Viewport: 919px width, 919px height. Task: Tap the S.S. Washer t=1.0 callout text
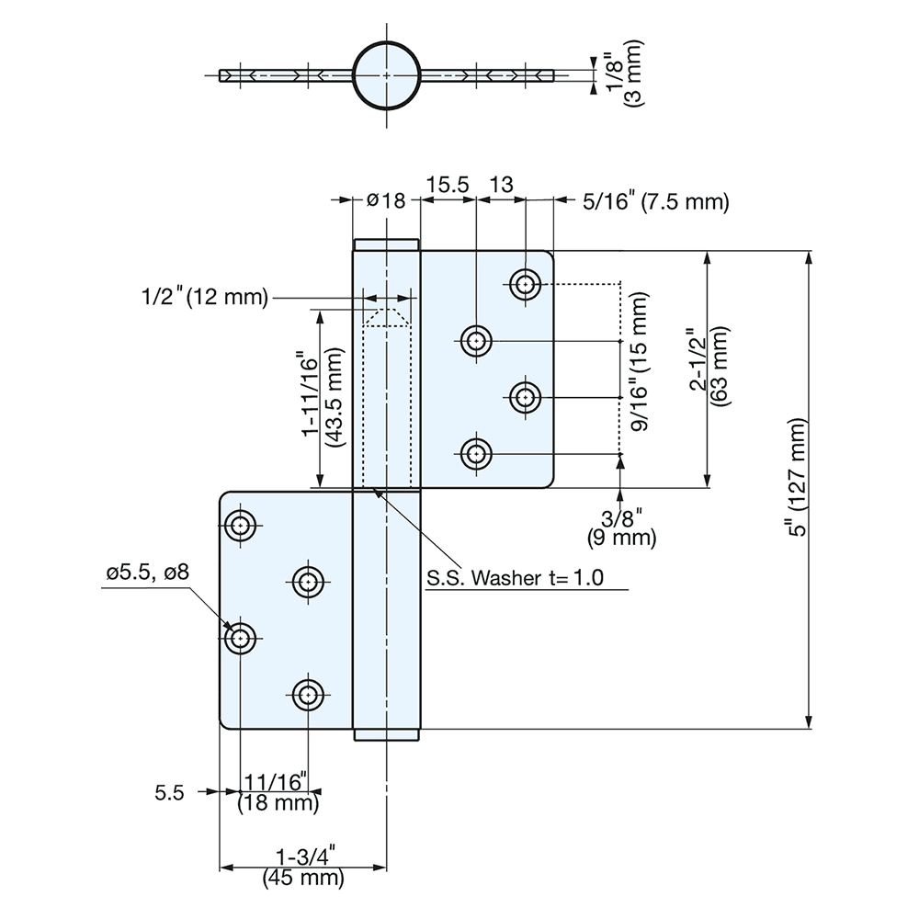coord(515,579)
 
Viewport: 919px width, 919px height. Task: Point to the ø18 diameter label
coord(386,201)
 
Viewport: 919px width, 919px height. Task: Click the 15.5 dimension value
coord(447,184)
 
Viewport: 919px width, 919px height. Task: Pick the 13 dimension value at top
coord(501,184)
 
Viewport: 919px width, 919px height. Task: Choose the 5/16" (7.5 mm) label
coord(655,201)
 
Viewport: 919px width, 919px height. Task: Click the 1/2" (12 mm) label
coord(204,297)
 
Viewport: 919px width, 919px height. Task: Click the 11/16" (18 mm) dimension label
coord(278,792)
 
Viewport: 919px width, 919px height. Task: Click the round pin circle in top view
coord(388,74)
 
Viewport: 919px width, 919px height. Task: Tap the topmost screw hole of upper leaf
coord(525,285)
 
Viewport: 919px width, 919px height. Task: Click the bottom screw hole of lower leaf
coord(307,694)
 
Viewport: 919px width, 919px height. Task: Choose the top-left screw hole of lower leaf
coord(241,527)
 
